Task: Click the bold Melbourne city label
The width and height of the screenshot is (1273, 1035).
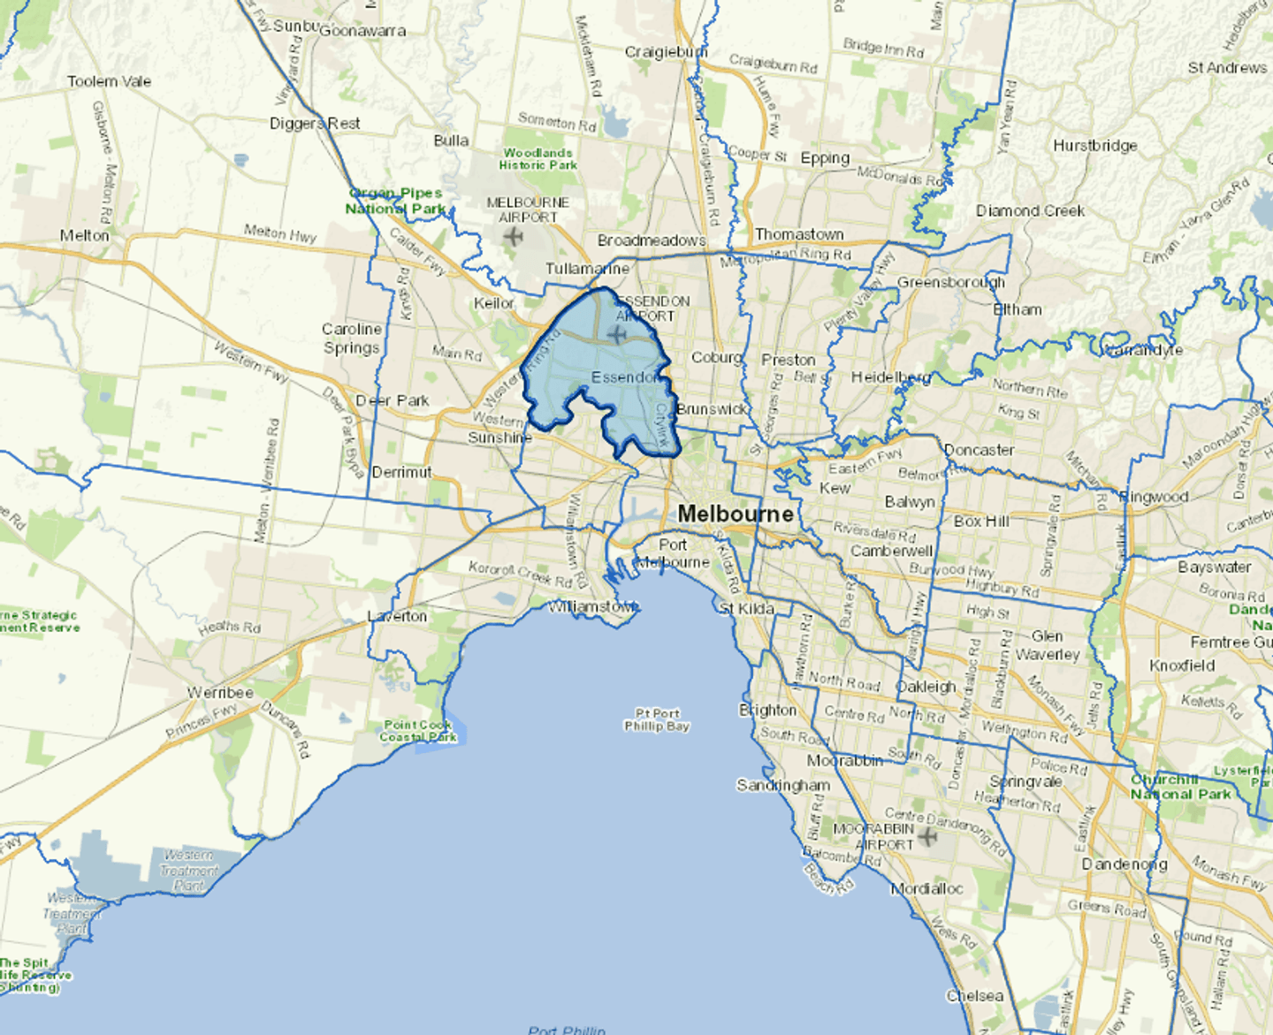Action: point(735,514)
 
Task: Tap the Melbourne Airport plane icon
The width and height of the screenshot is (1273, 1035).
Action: point(513,236)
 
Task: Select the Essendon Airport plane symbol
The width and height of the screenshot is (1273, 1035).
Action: point(617,334)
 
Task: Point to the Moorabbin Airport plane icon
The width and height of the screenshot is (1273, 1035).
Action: point(927,835)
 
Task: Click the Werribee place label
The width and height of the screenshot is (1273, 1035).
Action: point(220,693)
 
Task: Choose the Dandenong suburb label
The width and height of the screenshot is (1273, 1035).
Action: point(1124,864)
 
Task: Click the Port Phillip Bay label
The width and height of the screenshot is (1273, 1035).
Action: point(657,719)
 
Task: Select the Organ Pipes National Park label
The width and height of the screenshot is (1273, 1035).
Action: point(395,201)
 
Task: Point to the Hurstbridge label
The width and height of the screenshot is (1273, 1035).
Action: point(1094,146)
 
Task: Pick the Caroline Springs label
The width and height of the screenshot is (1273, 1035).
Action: point(352,339)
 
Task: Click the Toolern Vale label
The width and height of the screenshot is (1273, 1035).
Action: point(109,81)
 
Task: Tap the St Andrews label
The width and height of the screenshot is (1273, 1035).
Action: point(1227,68)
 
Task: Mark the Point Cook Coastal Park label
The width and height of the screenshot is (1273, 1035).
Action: point(418,731)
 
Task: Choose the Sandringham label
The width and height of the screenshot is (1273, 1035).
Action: point(783,785)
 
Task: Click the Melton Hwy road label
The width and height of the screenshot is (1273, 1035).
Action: point(279,233)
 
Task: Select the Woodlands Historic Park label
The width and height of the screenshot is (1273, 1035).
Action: point(537,159)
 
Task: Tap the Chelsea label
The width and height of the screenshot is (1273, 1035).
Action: point(975,996)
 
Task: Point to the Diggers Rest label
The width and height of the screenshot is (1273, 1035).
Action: point(315,124)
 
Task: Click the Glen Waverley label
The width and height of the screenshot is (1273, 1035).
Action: point(1048,645)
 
